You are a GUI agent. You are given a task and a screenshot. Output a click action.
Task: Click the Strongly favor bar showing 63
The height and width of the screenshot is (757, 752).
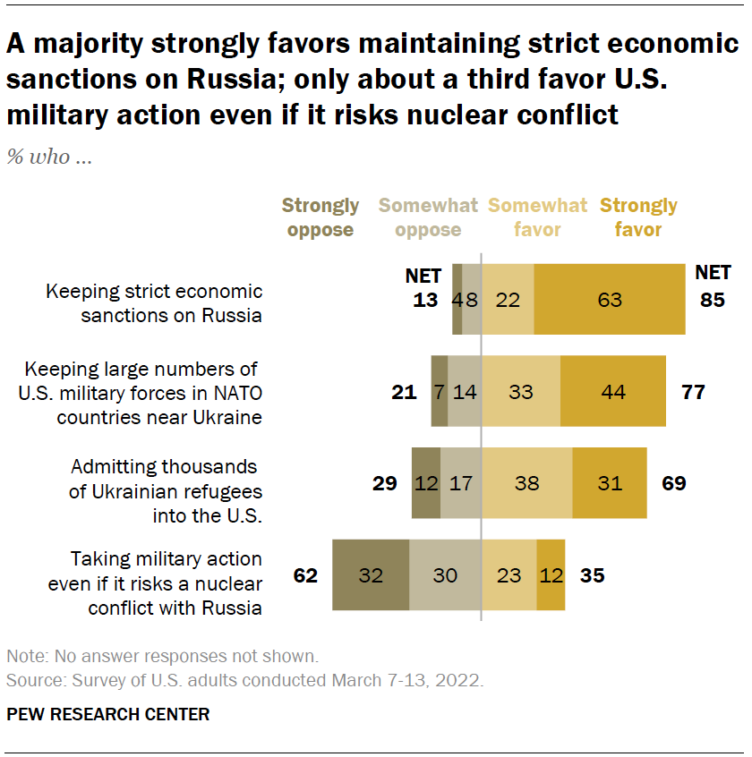[x=610, y=300]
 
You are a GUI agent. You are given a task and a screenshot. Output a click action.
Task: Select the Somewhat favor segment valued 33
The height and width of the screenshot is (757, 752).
[x=521, y=391]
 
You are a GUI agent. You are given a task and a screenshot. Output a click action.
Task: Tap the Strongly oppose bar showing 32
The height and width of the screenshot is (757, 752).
[x=371, y=575]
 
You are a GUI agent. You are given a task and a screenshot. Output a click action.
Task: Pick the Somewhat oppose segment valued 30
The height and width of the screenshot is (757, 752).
[x=445, y=575]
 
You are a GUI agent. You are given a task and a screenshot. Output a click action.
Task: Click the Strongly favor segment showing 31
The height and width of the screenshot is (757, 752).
[x=609, y=483]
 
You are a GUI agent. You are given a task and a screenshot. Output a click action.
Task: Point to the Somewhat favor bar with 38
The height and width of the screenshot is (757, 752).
[x=526, y=483]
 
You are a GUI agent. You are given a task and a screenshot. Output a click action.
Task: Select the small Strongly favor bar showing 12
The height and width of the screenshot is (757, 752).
[x=551, y=575]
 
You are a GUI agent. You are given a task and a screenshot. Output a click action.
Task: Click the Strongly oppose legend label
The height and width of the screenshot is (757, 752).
[x=320, y=217]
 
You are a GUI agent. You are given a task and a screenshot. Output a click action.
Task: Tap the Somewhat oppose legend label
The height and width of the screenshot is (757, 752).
[x=428, y=217]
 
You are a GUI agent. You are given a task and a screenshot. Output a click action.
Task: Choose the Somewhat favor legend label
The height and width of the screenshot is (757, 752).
[x=537, y=217]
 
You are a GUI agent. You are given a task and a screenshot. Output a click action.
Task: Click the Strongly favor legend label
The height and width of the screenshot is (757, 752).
[x=638, y=217]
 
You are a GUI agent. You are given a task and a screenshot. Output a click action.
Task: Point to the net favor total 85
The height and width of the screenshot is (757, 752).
[x=713, y=300]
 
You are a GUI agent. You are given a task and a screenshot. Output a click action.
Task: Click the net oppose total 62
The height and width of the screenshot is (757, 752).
[x=305, y=575]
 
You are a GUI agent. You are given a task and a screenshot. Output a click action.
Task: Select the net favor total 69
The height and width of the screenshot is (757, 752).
[x=673, y=483]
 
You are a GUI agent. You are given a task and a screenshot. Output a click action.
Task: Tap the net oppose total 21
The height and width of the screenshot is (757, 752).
[x=404, y=391]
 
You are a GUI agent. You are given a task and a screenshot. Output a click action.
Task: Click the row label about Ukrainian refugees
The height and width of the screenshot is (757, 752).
[x=167, y=490]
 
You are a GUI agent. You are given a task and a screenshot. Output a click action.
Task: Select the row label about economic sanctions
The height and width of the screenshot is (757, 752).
[x=154, y=302]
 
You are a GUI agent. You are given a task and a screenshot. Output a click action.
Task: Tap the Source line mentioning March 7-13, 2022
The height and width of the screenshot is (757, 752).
[x=244, y=680]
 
